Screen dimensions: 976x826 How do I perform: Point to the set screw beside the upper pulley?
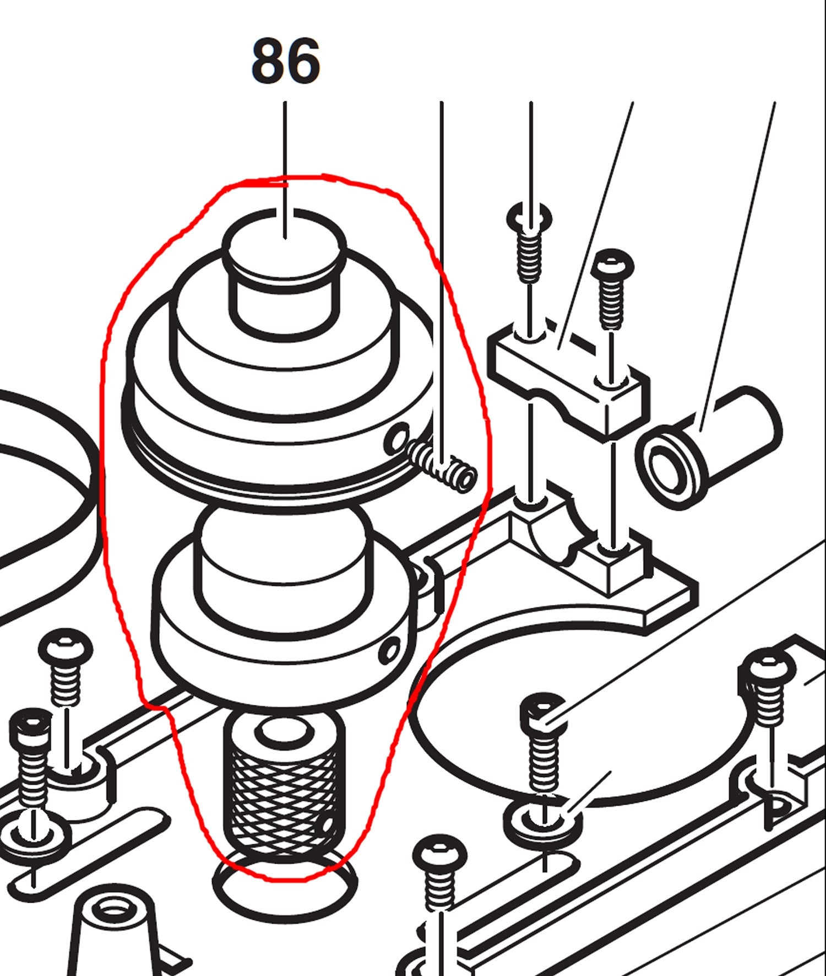click(x=443, y=466)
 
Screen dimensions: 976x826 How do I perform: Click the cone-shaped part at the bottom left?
click(x=113, y=931)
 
